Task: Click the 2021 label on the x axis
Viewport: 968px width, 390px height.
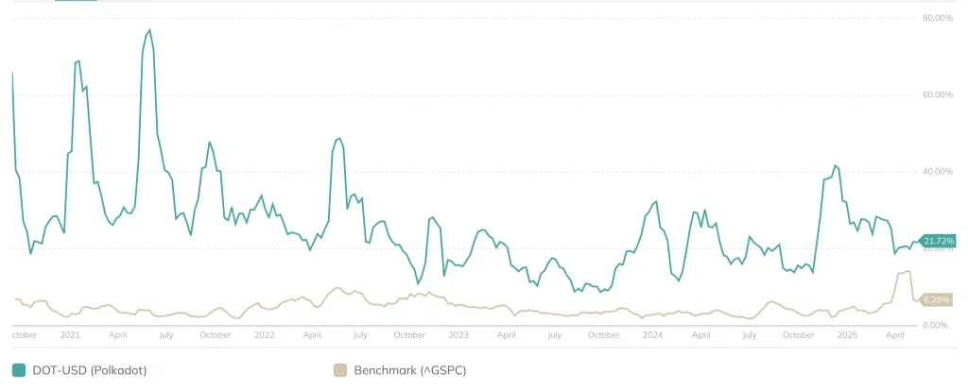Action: pos(70,334)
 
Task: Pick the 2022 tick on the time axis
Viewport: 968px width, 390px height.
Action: pos(264,334)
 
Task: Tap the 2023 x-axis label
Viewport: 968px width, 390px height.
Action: pos(458,334)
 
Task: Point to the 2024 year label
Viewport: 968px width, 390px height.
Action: pos(652,334)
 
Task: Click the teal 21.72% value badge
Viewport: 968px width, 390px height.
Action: pos(939,241)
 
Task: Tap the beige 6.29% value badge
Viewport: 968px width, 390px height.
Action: pos(936,299)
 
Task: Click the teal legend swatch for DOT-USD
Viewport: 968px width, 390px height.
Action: pos(19,370)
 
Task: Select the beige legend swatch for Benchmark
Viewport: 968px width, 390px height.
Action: pos(340,370)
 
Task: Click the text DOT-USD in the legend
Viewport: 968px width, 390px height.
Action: pos(61,370)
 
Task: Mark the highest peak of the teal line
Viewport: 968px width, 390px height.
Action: pos(149,30)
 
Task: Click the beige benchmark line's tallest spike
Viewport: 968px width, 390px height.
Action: pos(907,271)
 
